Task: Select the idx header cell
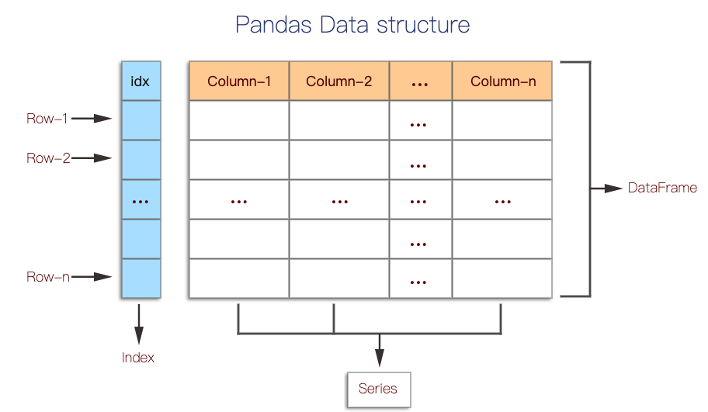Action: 141,81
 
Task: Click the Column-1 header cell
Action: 239,81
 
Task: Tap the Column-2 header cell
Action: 339,81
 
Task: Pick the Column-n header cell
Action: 502,81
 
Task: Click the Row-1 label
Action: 47,119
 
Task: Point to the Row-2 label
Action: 47,158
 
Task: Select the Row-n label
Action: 47,277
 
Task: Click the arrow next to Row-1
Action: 92,119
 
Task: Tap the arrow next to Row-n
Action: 92,277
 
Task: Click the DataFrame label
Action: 662,188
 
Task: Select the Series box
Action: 378,389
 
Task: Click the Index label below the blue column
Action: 138,358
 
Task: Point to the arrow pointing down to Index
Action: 139,324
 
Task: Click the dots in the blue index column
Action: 141,200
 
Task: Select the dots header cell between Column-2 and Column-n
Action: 420,81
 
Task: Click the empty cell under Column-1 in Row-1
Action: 239,120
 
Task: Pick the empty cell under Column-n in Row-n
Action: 502,279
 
